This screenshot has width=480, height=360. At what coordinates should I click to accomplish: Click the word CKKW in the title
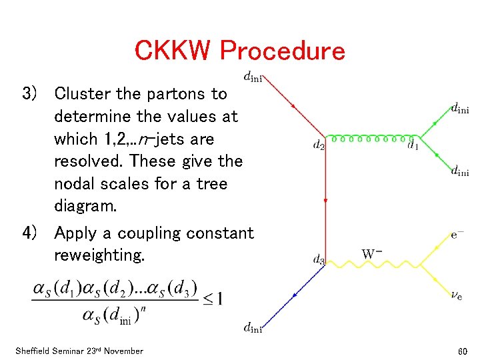click(x=173, y=51)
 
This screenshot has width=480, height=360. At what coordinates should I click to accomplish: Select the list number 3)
click(x=34, y=94)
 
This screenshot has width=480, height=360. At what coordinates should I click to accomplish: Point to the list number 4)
click(x=34, y=233)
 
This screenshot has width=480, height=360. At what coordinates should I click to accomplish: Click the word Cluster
click(x=82, y=94)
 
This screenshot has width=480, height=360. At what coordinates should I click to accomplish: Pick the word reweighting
click(x=99, y=255)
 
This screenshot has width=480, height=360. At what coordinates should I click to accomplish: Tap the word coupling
click(x=143, y=233)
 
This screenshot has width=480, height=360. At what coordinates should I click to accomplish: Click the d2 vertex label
click(x=319, y=145)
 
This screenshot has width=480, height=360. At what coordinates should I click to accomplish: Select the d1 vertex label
click(x=413, y=145)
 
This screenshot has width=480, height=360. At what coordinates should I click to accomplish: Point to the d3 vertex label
click(x=319, y=260)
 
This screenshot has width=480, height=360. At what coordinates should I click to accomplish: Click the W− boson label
click(x=372, y=254)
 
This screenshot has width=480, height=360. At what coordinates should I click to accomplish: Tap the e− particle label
click(x=458, y=235)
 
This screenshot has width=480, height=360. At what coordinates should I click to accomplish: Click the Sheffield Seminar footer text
click(x=78, y=351)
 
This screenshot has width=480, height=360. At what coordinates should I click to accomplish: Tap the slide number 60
click(x=463, y=351)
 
